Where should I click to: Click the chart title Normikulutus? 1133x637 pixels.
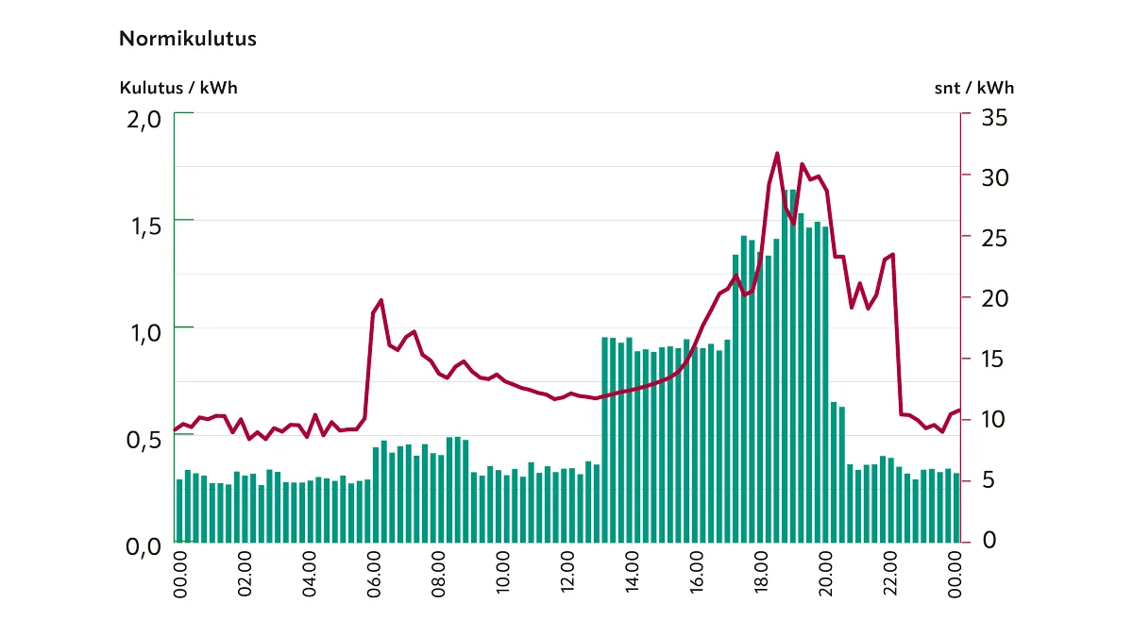tap(188, 40)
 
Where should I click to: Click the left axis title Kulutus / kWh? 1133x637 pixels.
tap(178, 88)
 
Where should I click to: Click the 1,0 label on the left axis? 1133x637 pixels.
tap(144, 332)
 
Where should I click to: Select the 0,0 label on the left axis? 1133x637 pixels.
tap(144, 546)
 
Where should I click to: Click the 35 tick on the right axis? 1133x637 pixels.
tap(994, 117)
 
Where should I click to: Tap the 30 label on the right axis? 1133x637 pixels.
tap(994, 177)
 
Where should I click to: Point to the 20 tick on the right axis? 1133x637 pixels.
tap(994, 298)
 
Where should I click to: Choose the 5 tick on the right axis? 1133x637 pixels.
tap(989, 479)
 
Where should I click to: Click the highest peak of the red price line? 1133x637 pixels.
tap(777, 153)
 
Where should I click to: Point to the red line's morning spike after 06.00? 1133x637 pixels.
tap(380, 301)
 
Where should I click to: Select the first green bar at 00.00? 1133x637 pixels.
tap(179, 511)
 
